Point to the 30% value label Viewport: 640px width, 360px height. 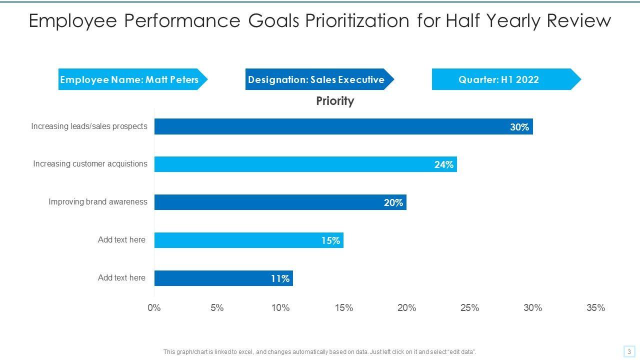click(519, 127)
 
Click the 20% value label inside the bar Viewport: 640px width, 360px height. click(393, 202)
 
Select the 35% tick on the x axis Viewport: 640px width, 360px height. click(595, 308)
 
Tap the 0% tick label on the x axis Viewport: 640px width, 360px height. click(154, 308)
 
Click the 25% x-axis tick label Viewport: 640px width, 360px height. click(469, 308)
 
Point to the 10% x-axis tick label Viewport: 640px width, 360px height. click(280, 308)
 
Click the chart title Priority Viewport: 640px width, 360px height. click(335, 101)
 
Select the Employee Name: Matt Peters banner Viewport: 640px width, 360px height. click(129, 79)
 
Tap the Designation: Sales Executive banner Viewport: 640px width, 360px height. click(316, 79)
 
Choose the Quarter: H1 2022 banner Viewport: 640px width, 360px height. click(499, 79)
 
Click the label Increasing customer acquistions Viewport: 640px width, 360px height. click(90, 163)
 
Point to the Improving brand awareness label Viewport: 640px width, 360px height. click(98, 201)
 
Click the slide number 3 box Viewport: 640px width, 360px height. click(629, 351)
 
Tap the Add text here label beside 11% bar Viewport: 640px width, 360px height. click(121, 277)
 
